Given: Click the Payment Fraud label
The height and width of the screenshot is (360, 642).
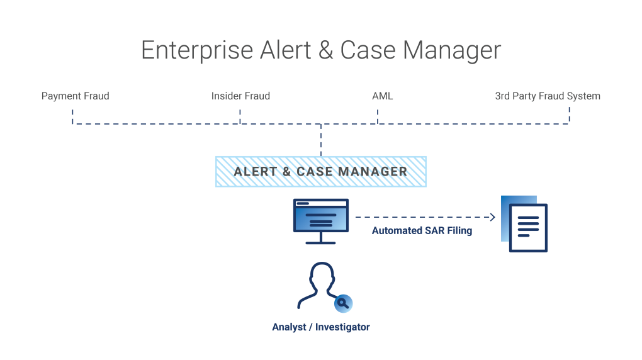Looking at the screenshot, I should point(75,96).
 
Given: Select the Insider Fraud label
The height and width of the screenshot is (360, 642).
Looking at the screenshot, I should point(240,96).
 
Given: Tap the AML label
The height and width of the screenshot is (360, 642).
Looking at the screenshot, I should point(382,96).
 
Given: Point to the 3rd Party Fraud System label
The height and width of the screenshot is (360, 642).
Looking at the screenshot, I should point(548,96).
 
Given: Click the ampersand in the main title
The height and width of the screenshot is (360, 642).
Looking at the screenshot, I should point(326,51).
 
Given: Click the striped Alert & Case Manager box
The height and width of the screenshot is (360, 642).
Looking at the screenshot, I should point(320,171).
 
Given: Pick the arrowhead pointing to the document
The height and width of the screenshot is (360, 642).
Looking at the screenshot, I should point(493,218).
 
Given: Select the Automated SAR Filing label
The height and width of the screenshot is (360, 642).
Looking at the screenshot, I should point(422,231).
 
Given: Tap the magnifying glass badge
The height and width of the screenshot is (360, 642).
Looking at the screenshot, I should point(343,303).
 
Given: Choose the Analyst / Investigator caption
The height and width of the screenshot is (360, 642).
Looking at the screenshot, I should point(320,327).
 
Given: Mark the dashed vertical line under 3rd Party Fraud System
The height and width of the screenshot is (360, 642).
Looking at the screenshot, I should point(569,115).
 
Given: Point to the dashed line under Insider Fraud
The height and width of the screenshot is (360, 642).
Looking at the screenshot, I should point(240,116).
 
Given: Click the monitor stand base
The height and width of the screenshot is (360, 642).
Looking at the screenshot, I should point(320,242).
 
